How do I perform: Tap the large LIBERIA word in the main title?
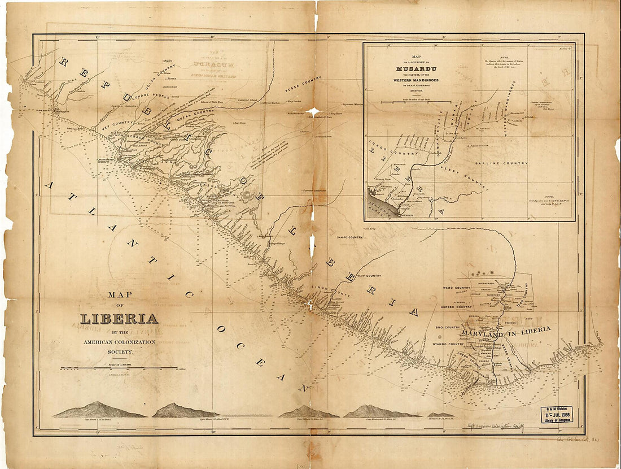[119, 318]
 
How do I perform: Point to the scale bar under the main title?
[119, 368]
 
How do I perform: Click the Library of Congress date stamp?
[557, 414]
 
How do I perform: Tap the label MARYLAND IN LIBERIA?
[505, 333]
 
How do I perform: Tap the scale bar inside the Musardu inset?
[416, 102]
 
